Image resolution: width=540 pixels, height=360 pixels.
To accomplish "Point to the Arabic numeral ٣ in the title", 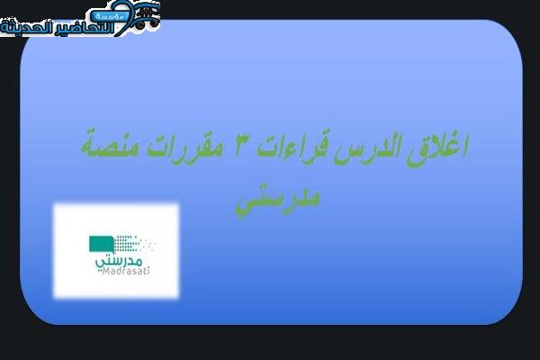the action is click(240, 148).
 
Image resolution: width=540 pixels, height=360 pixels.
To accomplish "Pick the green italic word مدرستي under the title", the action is click(277, 200).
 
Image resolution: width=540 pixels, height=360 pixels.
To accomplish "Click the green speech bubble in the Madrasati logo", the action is click(102, 245).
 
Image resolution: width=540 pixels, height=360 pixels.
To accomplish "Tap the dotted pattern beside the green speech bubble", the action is click(135, 243).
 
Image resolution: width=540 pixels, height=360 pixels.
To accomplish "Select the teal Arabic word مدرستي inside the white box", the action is click(119, 261).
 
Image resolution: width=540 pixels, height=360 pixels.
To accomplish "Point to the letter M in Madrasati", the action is click(105, 272).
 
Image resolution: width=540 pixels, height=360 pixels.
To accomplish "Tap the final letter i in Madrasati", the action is click(148, 271).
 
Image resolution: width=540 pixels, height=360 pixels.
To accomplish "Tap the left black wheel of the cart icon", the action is click(139, 25).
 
